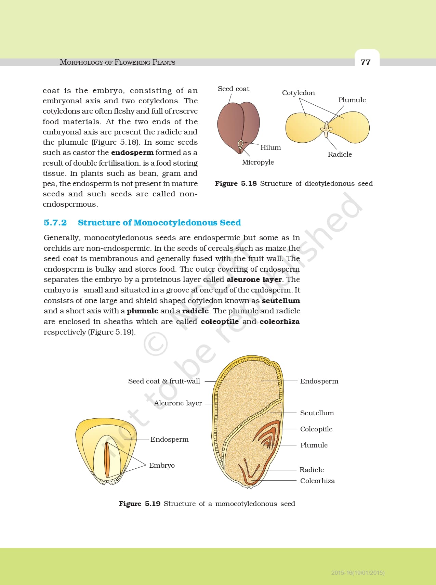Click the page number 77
365,62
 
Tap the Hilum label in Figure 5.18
270,147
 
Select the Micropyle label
258,162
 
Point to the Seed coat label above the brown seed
233,89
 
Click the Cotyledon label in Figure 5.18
298,93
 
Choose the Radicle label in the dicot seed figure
340,154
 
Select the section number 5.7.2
55,223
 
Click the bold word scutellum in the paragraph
281,301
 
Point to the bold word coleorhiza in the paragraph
279,322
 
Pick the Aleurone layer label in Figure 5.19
178,403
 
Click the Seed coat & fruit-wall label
164,381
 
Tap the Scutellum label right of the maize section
317,413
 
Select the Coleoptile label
316,429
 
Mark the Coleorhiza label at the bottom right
317,481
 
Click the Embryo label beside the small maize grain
162,465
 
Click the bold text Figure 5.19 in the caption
140,504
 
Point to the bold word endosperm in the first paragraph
132,153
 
